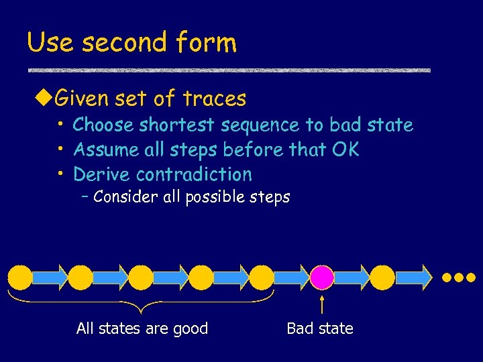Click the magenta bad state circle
(x=322, y=276)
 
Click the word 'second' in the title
(x=123, y=43)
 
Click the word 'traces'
(x=214, y=99)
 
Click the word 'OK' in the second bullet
(x=345, y=149)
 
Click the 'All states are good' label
(x=142, y=328)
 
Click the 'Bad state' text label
(x=319, y=328)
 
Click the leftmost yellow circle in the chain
(x=20, y=276)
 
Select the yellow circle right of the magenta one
(x=382, y=276)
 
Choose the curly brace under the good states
(x=141, y=302)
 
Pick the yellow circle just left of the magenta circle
(x=262, y=276)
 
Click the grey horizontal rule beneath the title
(x=228, y=70)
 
